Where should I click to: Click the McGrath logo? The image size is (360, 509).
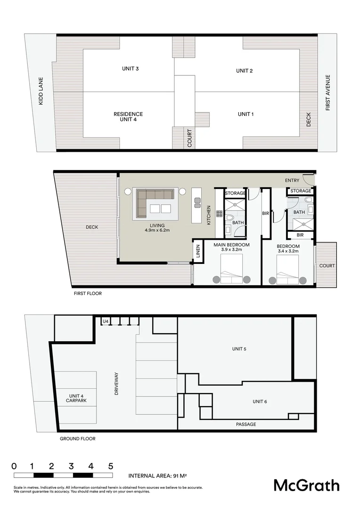[306, 485]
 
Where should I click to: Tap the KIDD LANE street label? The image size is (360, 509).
[41, 91]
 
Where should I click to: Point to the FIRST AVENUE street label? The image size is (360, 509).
[328, 93]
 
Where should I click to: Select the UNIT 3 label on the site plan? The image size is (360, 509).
[130, 69]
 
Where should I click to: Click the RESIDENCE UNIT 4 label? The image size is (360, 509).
[128, 117]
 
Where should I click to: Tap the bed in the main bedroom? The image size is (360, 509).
[231, 270]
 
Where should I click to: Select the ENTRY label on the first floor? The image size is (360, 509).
[292, 181]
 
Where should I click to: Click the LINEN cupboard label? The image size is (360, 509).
[197, 252]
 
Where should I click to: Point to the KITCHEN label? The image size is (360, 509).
[209, 215]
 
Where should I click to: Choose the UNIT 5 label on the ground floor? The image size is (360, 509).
[239, 349]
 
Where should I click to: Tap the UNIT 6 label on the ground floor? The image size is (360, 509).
[260, 402]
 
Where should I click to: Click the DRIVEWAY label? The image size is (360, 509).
[116, 383]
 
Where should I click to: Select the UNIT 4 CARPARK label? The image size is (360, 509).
[76, 398]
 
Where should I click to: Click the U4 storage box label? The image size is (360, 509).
[106, 321]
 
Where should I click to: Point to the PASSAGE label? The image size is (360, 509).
[246, 425]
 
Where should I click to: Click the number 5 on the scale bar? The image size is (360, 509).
[111, 466]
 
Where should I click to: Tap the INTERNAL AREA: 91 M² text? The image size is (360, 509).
[158, 476]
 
